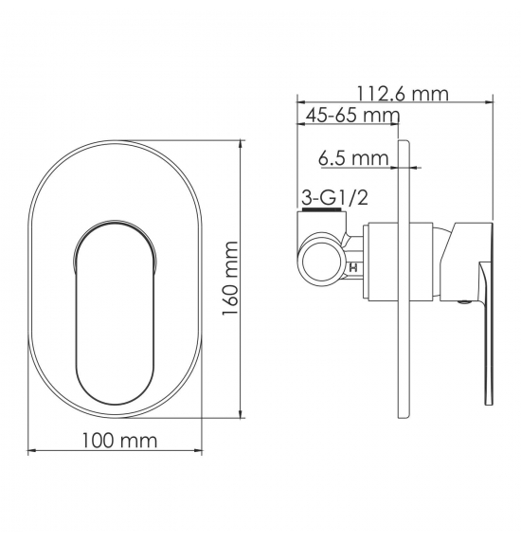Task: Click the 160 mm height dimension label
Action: (230, 279)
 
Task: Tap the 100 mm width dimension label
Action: (119, 441)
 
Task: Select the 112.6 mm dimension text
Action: (403, 94)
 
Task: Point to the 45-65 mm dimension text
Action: (352, 115)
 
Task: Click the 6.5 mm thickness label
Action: (353, 158)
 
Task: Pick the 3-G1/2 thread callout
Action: (334, 198)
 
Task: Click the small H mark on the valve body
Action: (353, 267)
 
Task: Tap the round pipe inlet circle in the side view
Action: (320, 262)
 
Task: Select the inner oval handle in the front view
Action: (115, 312)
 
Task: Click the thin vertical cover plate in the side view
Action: (404, 280)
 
